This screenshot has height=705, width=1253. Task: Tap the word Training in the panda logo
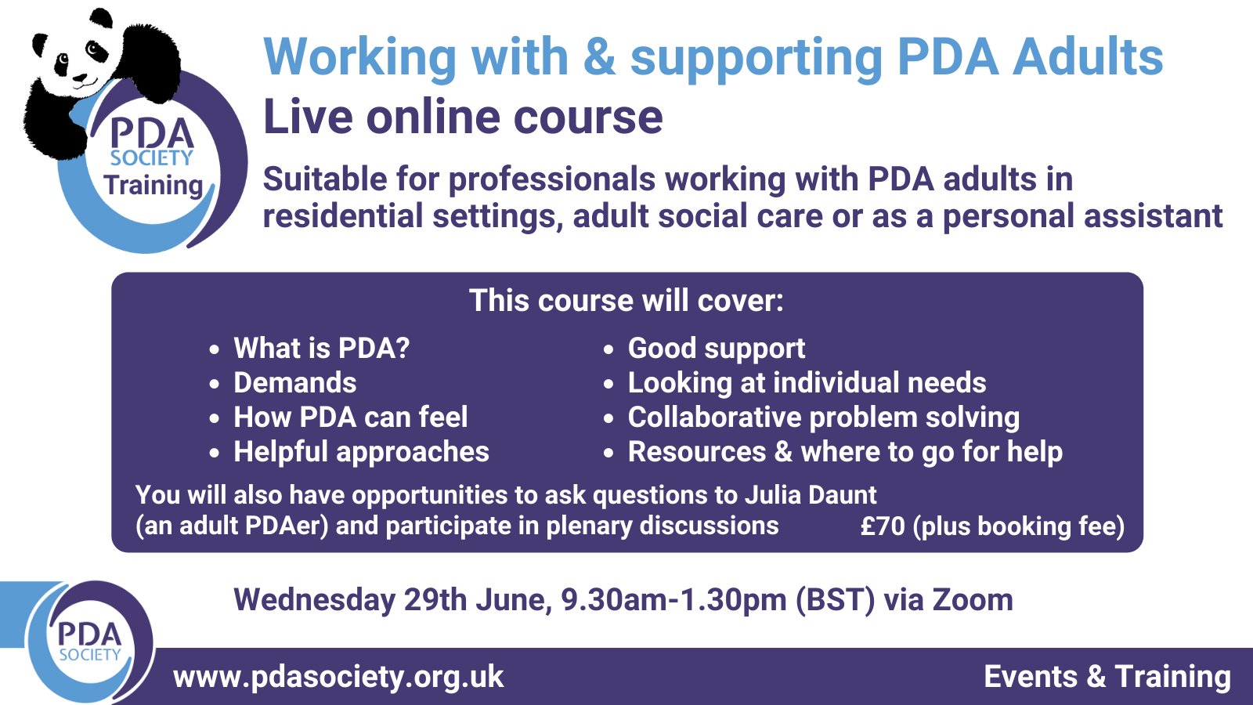point(153,186)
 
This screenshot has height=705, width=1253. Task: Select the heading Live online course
point(463,117)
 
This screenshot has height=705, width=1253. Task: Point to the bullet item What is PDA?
point(321,348)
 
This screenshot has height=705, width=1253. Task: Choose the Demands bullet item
point(294,382)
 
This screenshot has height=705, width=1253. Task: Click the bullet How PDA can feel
point(350,417)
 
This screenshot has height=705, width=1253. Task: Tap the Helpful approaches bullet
point(361,452)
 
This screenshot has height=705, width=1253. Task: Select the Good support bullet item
point(716,349)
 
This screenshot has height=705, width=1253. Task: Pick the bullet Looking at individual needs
point(807,382)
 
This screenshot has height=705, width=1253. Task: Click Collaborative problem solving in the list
point(823,417)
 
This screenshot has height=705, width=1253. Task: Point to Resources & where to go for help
point(845,452)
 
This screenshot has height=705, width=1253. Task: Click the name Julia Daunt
point(810,495)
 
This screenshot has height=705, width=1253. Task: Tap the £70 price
point(883,526)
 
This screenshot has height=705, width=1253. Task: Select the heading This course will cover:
point(626,301)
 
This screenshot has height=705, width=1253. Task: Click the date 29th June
point(478,600)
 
